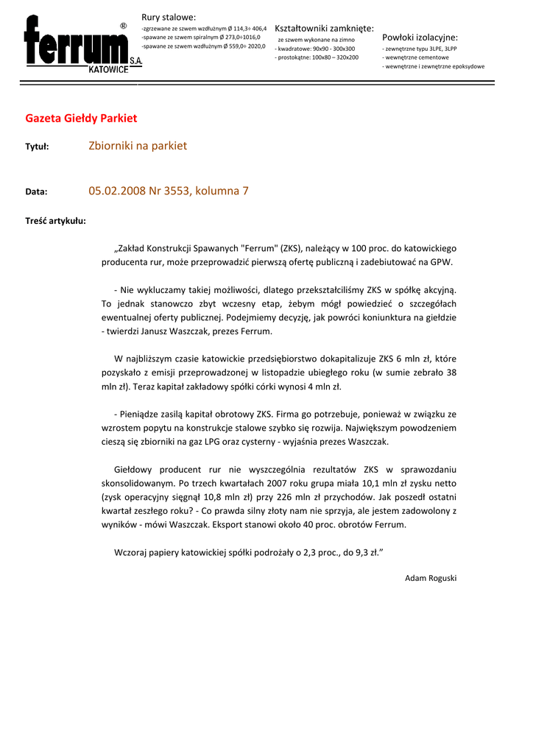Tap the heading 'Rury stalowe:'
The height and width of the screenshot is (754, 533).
pos(169,17)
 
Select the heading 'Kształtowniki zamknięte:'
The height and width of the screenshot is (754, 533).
pos(324,28)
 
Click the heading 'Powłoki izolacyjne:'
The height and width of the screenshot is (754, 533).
pos(420,37)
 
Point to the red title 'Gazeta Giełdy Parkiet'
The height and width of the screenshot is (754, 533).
pos(81,118)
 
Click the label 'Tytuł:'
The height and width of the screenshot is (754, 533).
pos(37,147)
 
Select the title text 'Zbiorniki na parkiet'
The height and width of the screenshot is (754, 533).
pos(138,146)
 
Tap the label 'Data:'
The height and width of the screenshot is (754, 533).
pos(36,191)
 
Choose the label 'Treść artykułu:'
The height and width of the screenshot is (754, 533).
pos(55,220)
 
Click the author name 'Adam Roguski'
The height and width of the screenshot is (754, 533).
pos(431,578)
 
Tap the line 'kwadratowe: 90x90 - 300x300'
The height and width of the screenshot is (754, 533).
pos(315,48)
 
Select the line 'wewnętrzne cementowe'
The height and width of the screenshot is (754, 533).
pos(415,57)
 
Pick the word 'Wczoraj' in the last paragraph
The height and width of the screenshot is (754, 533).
pos(132,552)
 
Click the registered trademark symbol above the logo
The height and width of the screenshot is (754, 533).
pos(123,26)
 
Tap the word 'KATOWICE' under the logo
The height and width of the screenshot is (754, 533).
pos(108,69)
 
